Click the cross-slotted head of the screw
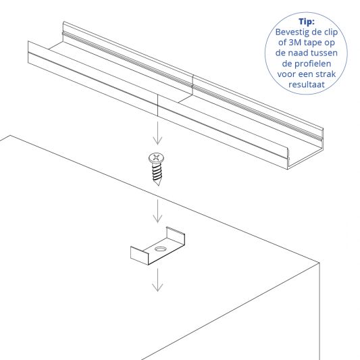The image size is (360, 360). [156, 159]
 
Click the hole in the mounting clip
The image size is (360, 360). [161, 250]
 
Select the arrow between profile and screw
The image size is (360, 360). [156, 133]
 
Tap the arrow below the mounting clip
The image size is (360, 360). [157, 280]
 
